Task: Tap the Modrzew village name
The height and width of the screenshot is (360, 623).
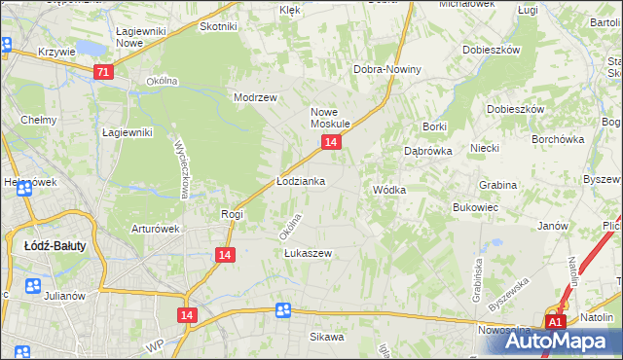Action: pyautogui.click(x=256, y=98)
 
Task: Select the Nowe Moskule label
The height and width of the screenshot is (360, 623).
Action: pyautogui.click(x=330, y=118)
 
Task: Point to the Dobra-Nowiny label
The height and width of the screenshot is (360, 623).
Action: pyautogui.click(x=387, y=69)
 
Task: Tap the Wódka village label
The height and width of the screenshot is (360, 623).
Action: pyautogui.click(x=389, y=190)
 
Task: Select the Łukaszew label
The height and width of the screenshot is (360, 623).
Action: pyautogui.click(x=308, y=253)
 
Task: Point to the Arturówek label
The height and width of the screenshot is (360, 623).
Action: pyautogui.click(x=156, y=230)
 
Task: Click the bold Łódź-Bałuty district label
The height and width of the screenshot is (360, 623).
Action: pyautogui.click(x=55, y=246)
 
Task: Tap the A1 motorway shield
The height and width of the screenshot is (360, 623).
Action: pyautogui.click(x=555, y=322)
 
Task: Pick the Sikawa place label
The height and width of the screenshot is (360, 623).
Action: pyautogui.click(x=327, y=337)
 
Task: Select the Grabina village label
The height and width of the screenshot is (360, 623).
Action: pyautogui.click(x=497, y=184)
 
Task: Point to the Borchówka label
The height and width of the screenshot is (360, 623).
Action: pyautogui.click(x=557, y=138)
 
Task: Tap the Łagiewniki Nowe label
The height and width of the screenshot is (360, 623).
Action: pyautogui.click(x=142, y=38)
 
